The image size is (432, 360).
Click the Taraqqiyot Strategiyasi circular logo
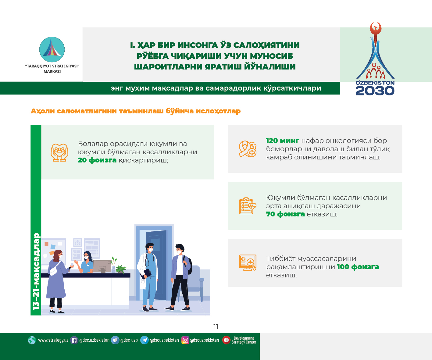click(x=52, y=49)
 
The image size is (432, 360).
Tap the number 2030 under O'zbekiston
click(x=375, y=91)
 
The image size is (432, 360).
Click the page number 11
click(x=216, y=327)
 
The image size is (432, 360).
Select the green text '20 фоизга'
click(x=97, y=160)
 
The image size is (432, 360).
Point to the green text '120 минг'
click(x=282, y=141)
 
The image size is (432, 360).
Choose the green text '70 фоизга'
click(x=285, y=214)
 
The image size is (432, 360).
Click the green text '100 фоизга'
click(x=358, y=267)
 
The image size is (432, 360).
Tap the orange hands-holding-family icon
click(x=59, y=152)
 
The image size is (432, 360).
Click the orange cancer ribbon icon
click(x=248, y=149)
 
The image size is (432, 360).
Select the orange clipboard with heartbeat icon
click(x=248, y=206)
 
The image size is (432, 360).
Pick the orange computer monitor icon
click(x=248, y=262)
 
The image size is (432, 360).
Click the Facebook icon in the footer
click(x=74, y=340)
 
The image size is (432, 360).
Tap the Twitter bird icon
click(x=115, y=340)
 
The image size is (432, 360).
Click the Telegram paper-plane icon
click(x=145, y=340)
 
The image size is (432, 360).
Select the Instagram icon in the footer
click(x=185, y=340)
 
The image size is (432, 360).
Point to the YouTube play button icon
click(x=226, y=340)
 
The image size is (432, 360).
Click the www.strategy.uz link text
click(x=53, y=340)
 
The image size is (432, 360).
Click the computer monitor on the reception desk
click(x=102, y=267)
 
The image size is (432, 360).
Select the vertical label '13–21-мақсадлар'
click(x=36, y=271)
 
